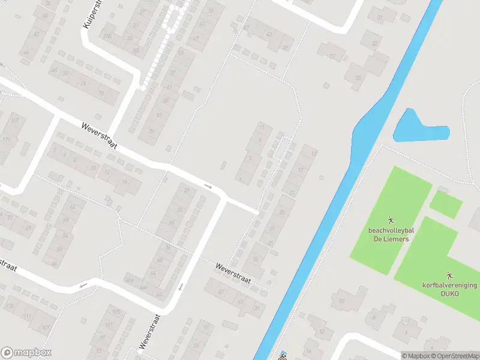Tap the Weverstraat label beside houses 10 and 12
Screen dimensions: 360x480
tap(100, 137)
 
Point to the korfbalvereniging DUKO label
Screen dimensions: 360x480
tap(449, 287)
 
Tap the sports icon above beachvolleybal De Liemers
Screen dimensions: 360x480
tap(391, 219)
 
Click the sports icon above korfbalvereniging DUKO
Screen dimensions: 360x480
tap(449, 273)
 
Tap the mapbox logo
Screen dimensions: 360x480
tap(26, 353)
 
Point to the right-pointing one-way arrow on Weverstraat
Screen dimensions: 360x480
tap(208, 186)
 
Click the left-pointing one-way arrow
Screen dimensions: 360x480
tap(83, 284)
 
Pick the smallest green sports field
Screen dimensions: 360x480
tap(446, 204)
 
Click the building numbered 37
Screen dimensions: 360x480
tap(332, 56)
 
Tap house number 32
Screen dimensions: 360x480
tap(376, 43)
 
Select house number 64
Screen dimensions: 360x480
tap(73, 208)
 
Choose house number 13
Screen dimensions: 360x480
tap(314, 153)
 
